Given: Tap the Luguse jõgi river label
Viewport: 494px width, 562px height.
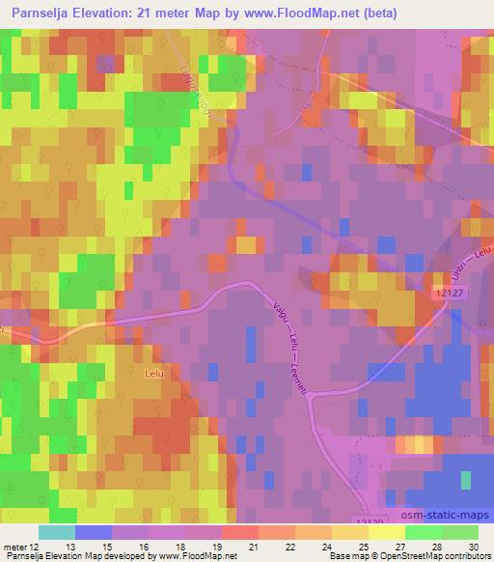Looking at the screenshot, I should [x=196, y=97].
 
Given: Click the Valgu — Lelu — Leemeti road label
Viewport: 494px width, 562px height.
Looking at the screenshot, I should [x=290, y=346].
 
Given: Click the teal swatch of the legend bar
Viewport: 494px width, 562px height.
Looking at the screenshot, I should [x=57, y=532].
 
